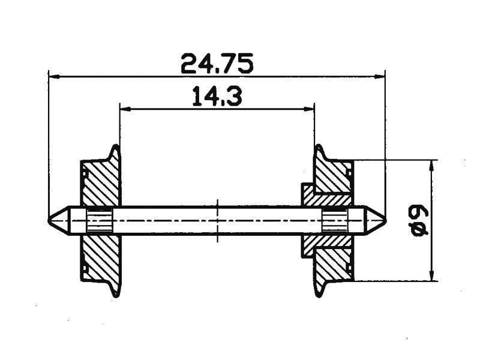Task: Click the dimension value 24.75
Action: click(217, 63)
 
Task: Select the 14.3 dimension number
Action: click(217, 97)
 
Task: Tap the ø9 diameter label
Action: click(419, 220)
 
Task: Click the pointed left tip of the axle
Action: click(50, 220)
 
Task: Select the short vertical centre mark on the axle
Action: click(217, 204)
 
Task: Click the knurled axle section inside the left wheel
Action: click(99, 220)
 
